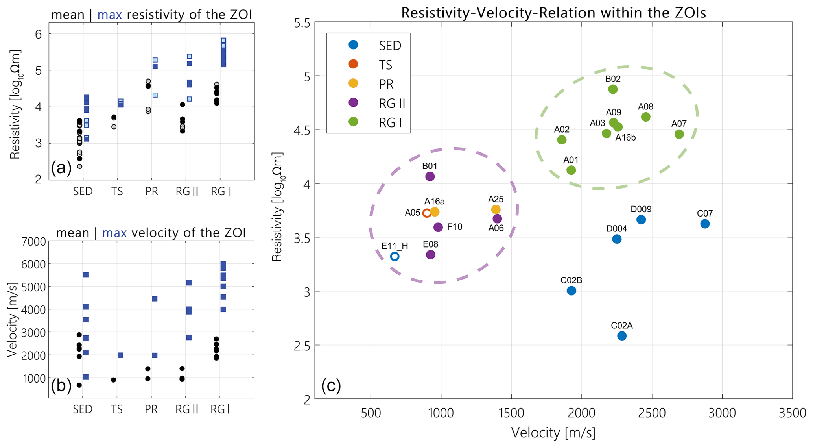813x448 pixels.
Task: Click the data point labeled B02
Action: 613,89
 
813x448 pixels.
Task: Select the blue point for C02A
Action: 622,336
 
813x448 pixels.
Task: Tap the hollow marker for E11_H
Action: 395,257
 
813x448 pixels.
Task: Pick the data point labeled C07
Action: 705,224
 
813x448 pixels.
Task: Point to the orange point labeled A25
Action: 496,209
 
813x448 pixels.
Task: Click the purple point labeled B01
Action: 430,176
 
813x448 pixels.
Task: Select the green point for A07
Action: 679,134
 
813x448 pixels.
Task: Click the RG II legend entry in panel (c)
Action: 392,103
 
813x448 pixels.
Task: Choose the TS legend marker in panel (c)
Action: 354,64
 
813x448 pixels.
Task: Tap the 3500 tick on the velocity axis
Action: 792,413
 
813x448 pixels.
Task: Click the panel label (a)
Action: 61,168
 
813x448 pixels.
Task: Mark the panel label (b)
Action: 61,386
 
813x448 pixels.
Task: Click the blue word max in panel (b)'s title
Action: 114,233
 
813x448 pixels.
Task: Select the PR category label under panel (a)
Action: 151,192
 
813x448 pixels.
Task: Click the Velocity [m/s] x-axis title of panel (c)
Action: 553,433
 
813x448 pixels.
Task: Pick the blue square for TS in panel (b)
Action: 120,355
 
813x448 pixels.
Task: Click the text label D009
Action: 641,209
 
